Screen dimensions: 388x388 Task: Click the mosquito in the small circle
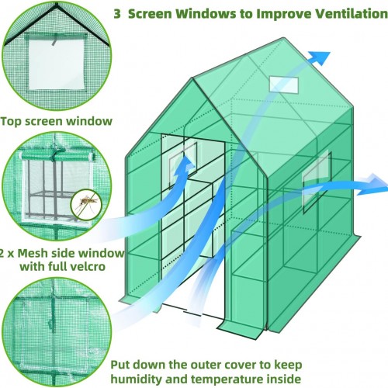pyautogui.click(x=86, y=203)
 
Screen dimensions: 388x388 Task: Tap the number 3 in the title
pyautogui.click(x=117, y=14)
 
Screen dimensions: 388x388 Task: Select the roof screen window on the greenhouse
pyautogui.click(x=284, y=85)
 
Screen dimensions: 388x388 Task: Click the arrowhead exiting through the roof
pyautogui.click(x=320, y=58)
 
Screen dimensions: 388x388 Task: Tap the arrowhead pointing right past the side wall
pyautogui.click(x=374, y=185)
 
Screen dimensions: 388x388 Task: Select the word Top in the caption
pyautogui.click(x=12, y=121)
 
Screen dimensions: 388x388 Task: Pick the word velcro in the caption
pyautogui.click(x=88, y=266)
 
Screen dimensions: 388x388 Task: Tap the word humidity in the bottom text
pyautogui.click(x=137, y=379)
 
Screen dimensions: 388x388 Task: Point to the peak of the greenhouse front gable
pyautogui.click(x=192, y=78)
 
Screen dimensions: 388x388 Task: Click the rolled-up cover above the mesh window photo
pyautogui.click(x=57, y=156)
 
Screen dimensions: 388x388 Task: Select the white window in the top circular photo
pyautogui.click(x=57, y=64)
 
